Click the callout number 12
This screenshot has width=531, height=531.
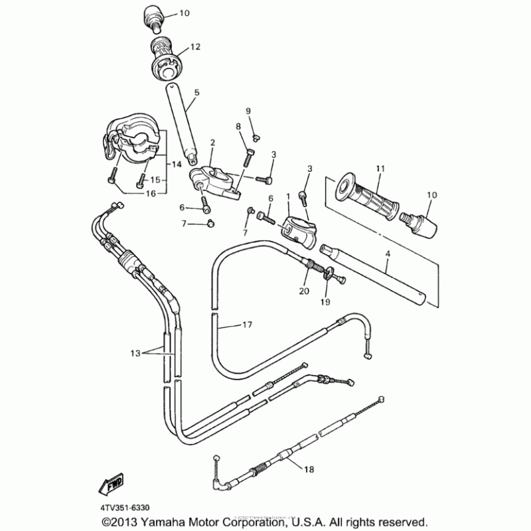pyautogui.click(x=194, y=46)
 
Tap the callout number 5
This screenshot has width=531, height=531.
pyautogui.click(x=196, y=93)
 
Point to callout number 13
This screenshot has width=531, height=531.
pyautogui.click(x=135, y=354)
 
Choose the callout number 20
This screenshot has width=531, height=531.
pyautogui.click(x=304, y=290)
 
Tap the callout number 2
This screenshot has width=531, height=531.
pyautogui.click(x=213, y=142)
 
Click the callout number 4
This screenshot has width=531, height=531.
pyautogui.click(x=388, y=254)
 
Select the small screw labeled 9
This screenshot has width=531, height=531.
pyautogui.click(x=257, y=136)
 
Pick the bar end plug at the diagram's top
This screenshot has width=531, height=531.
pyautogui.click(x=153, y=17)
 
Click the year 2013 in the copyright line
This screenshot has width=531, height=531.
pyautogui.click(x=141, y=521)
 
